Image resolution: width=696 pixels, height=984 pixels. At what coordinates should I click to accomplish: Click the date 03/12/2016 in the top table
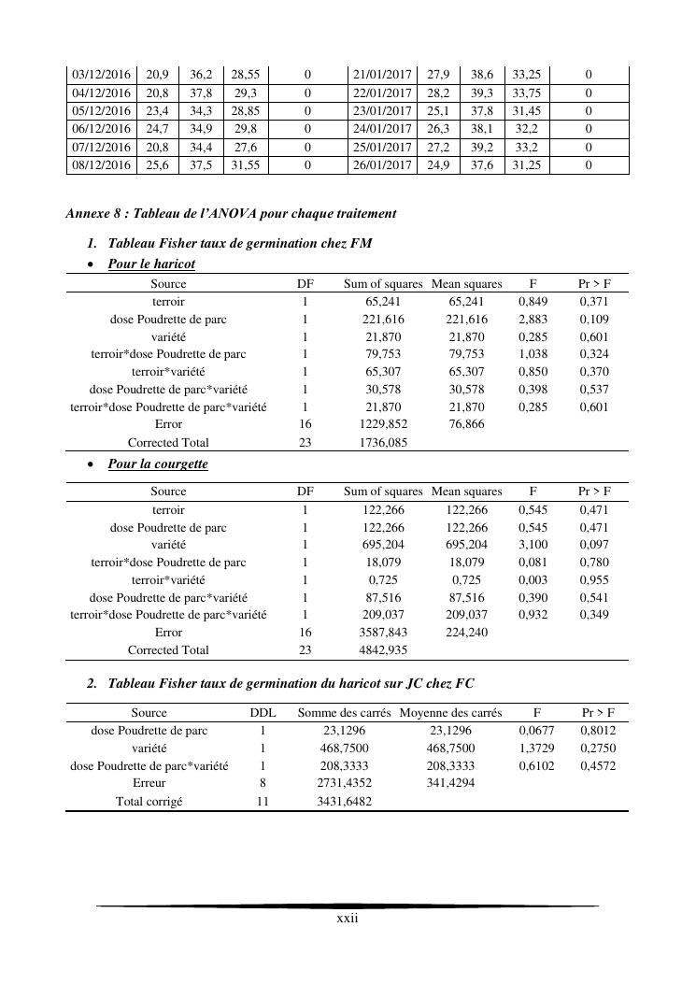(101, 74)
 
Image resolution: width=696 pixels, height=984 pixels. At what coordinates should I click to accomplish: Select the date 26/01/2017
(381, 165)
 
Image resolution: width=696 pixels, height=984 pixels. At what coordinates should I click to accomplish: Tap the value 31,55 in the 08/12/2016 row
(247, 165)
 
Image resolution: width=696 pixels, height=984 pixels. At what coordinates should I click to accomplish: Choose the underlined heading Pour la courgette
(158, 464)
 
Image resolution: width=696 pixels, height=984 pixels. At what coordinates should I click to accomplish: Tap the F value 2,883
(533, 320)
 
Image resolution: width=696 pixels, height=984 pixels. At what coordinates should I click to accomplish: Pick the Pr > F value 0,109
(594, 320)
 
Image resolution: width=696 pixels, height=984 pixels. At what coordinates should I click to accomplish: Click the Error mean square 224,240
(467, 633)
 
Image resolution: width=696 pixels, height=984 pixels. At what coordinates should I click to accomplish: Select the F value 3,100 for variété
(533, 545)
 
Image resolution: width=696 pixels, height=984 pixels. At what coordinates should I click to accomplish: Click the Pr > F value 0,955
(594, 580)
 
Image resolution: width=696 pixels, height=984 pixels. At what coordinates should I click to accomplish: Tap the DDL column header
(263, 713)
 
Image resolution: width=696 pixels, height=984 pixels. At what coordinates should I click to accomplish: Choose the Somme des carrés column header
(345, 713)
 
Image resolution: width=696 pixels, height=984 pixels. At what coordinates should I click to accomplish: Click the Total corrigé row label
(149, 802)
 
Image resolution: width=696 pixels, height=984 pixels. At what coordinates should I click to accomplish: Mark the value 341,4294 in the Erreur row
(452, 784)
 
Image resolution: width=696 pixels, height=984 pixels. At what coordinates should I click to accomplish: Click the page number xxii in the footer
(348, 919)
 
